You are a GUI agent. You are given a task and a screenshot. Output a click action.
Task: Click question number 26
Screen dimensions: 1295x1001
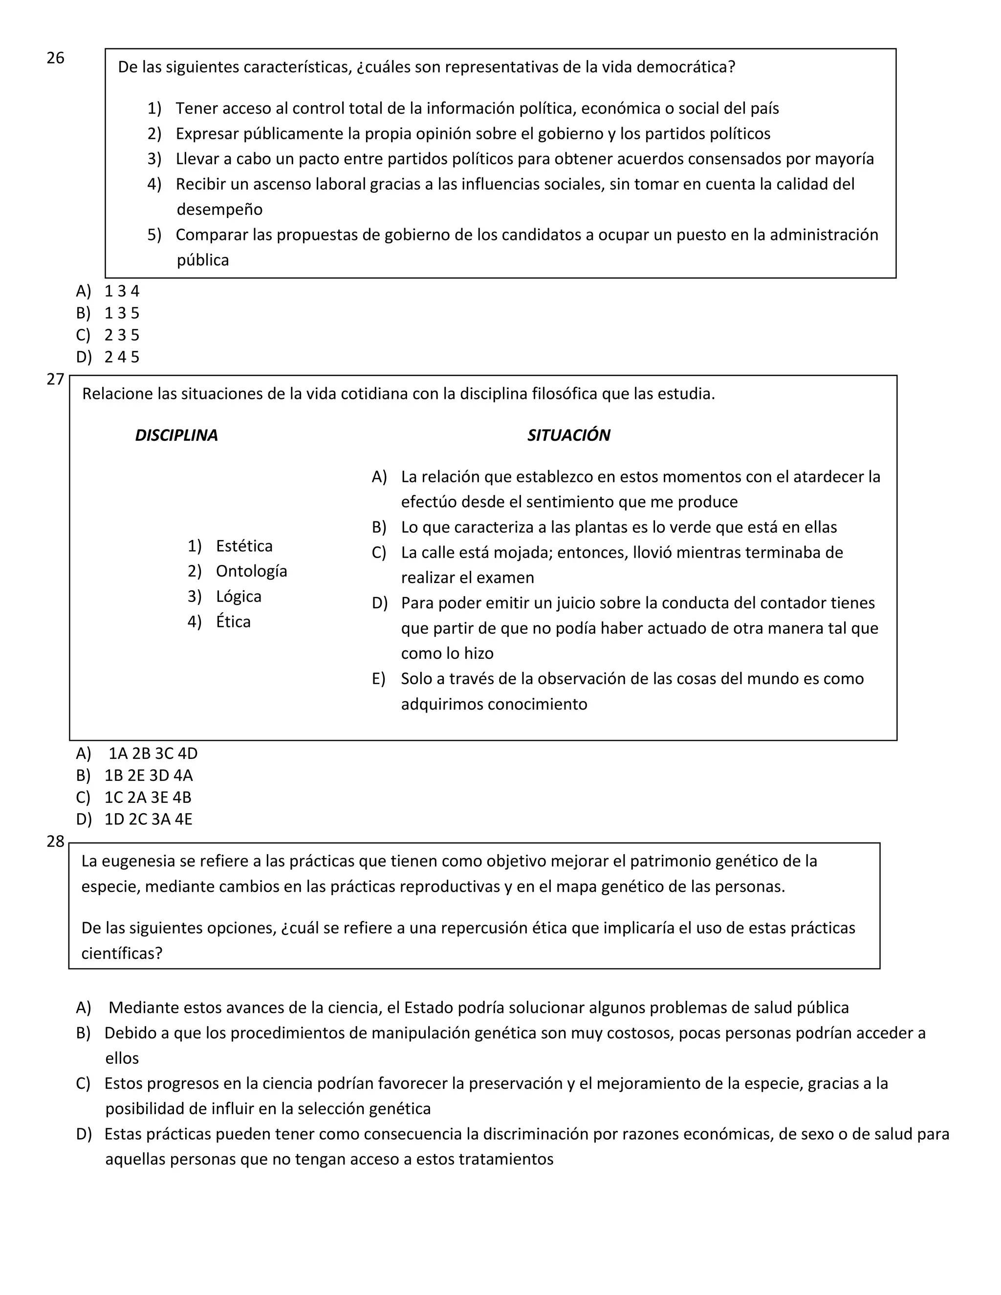(x=55, y=58)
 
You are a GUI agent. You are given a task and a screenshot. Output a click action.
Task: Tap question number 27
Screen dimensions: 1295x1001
(x=55, y=380)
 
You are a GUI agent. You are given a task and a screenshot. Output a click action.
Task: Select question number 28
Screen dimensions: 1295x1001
(x=55, y=842)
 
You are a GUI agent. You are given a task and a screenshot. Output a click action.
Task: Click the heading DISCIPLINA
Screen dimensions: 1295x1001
(x=176, y=435)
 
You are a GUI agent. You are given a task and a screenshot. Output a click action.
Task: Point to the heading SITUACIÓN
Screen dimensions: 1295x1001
(x=568, y=435)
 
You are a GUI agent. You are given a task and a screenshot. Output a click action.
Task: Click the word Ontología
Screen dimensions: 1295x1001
(x=251, y=571)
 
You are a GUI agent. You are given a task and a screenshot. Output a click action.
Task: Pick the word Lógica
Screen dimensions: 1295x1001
(x=239, y=597)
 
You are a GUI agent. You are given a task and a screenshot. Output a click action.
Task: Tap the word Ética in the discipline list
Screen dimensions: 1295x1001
(x=233, y=622)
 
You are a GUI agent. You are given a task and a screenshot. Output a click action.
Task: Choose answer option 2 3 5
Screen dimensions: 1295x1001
(x=122, y=335)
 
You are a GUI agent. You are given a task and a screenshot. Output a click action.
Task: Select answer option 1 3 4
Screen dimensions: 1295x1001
(x=122, y=291)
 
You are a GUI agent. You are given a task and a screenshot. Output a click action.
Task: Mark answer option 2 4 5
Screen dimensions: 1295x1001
(x=122, y=357)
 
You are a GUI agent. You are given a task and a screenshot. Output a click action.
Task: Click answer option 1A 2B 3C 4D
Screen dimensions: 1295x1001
(x=152, y=753)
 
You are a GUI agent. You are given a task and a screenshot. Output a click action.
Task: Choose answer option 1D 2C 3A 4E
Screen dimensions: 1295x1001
(x=148, y=819)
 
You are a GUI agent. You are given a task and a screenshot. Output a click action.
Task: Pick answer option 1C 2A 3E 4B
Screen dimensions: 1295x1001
(x=148, y=797)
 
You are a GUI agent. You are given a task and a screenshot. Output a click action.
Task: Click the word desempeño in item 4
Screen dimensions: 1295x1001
(x=219, y=209)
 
